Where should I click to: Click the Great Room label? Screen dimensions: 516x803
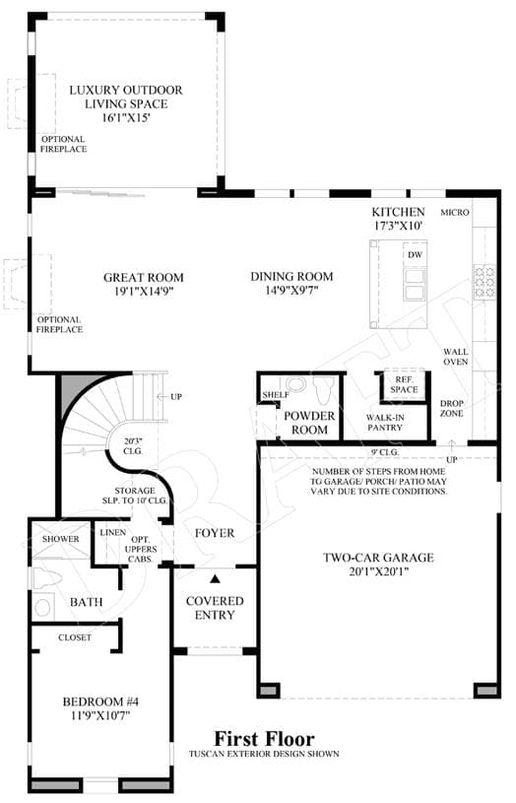click(x=144, y=278)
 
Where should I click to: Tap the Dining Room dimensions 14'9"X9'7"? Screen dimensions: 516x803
click(x=291, y=291)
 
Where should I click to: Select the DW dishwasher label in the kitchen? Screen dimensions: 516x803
click(x=416, y=254)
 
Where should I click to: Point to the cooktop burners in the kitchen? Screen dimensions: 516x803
click(x=484, y=281)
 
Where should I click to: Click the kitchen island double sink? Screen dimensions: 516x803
click(x=415, y=284)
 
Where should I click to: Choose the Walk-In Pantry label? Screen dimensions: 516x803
click(x=385, y=423)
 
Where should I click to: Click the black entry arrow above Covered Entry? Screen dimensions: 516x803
click(x=215, y=578)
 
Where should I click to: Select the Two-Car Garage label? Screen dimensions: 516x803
click(x=378, y=558)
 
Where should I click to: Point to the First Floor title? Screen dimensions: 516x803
click(x=264, y=739)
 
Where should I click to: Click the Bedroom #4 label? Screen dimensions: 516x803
click(x=100, y=702)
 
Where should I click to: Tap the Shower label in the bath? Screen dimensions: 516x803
click(x=61, y=539)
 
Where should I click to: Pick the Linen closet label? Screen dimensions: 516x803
click(x=113, y=533)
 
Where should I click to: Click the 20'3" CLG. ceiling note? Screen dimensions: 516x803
click(x=133, y=445)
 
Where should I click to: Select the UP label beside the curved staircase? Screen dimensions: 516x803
click(x=176, y=396)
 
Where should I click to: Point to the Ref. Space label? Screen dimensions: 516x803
click(x=404, y=384)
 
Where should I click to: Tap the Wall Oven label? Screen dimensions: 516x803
click(x=456, y=357)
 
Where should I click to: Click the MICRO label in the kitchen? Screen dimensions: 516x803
click(x=455, y=212)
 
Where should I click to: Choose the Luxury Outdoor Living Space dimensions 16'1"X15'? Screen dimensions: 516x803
click(x=126, y=117)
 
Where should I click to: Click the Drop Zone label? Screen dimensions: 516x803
click(x=451, y=408)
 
